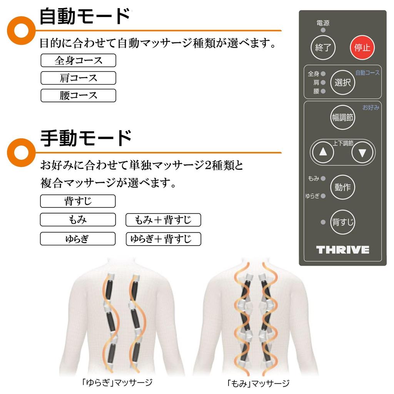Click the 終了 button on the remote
click(323, 48)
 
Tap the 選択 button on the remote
click(342, 82)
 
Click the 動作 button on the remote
click(342, 187)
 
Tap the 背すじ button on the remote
click(342, 222)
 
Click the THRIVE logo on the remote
click(342, 250)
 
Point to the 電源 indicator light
click(323, 30)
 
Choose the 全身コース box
click(78, 60)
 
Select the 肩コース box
click(78, 78)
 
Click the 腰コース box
click(78, 95)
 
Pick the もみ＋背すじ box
click(163, 220)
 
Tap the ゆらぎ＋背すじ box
click(163, 239)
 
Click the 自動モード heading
click(85, 17)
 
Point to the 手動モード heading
click(86, 138)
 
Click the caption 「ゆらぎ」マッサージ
click(117, 382)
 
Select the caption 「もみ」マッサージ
click(258, 383)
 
